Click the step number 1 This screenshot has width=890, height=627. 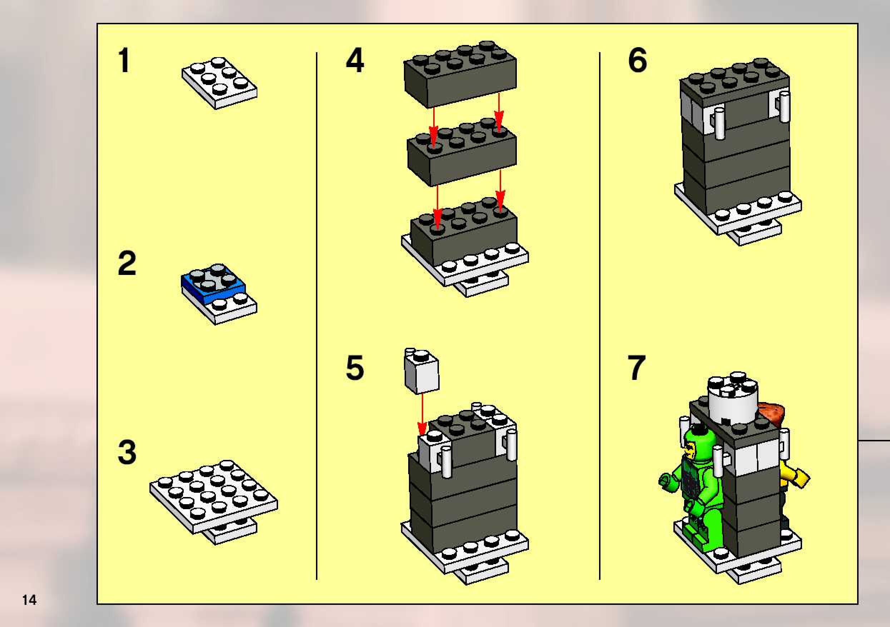tap(124, 60)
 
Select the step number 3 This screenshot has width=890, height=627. tap(127, 452)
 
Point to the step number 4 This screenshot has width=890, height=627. tap(355, 60)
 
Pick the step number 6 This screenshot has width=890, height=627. tap(638, 60)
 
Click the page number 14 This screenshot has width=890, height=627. tap(29, 600)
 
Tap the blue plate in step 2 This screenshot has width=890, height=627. tap(212, 285)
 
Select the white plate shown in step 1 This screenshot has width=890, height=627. tap(219, 83)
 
